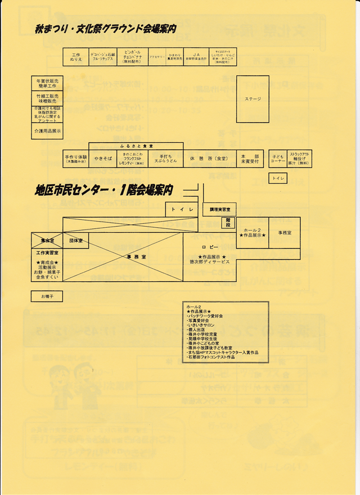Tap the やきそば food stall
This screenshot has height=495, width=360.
(103, 159)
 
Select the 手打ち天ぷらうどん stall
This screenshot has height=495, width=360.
(165, 159)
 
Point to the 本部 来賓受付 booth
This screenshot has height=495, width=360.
(250, 159)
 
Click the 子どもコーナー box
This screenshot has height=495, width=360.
(278, 159)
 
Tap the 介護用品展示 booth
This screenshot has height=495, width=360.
(47, 131)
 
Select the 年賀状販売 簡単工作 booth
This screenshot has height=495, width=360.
(47, 84)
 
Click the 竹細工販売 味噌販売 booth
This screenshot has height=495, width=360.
(47, 98)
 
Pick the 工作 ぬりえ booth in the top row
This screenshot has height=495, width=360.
(76, 57)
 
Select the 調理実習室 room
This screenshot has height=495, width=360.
(219, 209)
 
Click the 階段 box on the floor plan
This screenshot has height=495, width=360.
(228, 223)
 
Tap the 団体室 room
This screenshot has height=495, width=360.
(76, 240)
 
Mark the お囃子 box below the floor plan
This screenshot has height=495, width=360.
(47, 296)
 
